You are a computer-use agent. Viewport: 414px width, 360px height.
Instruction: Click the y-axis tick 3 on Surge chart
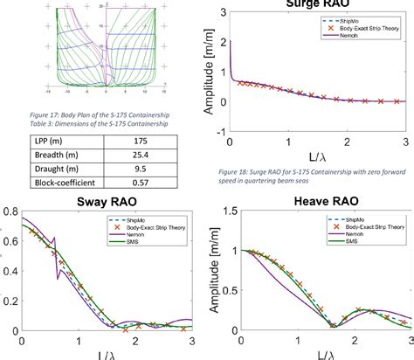224,13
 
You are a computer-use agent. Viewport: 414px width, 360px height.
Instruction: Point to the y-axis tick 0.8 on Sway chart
7,211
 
